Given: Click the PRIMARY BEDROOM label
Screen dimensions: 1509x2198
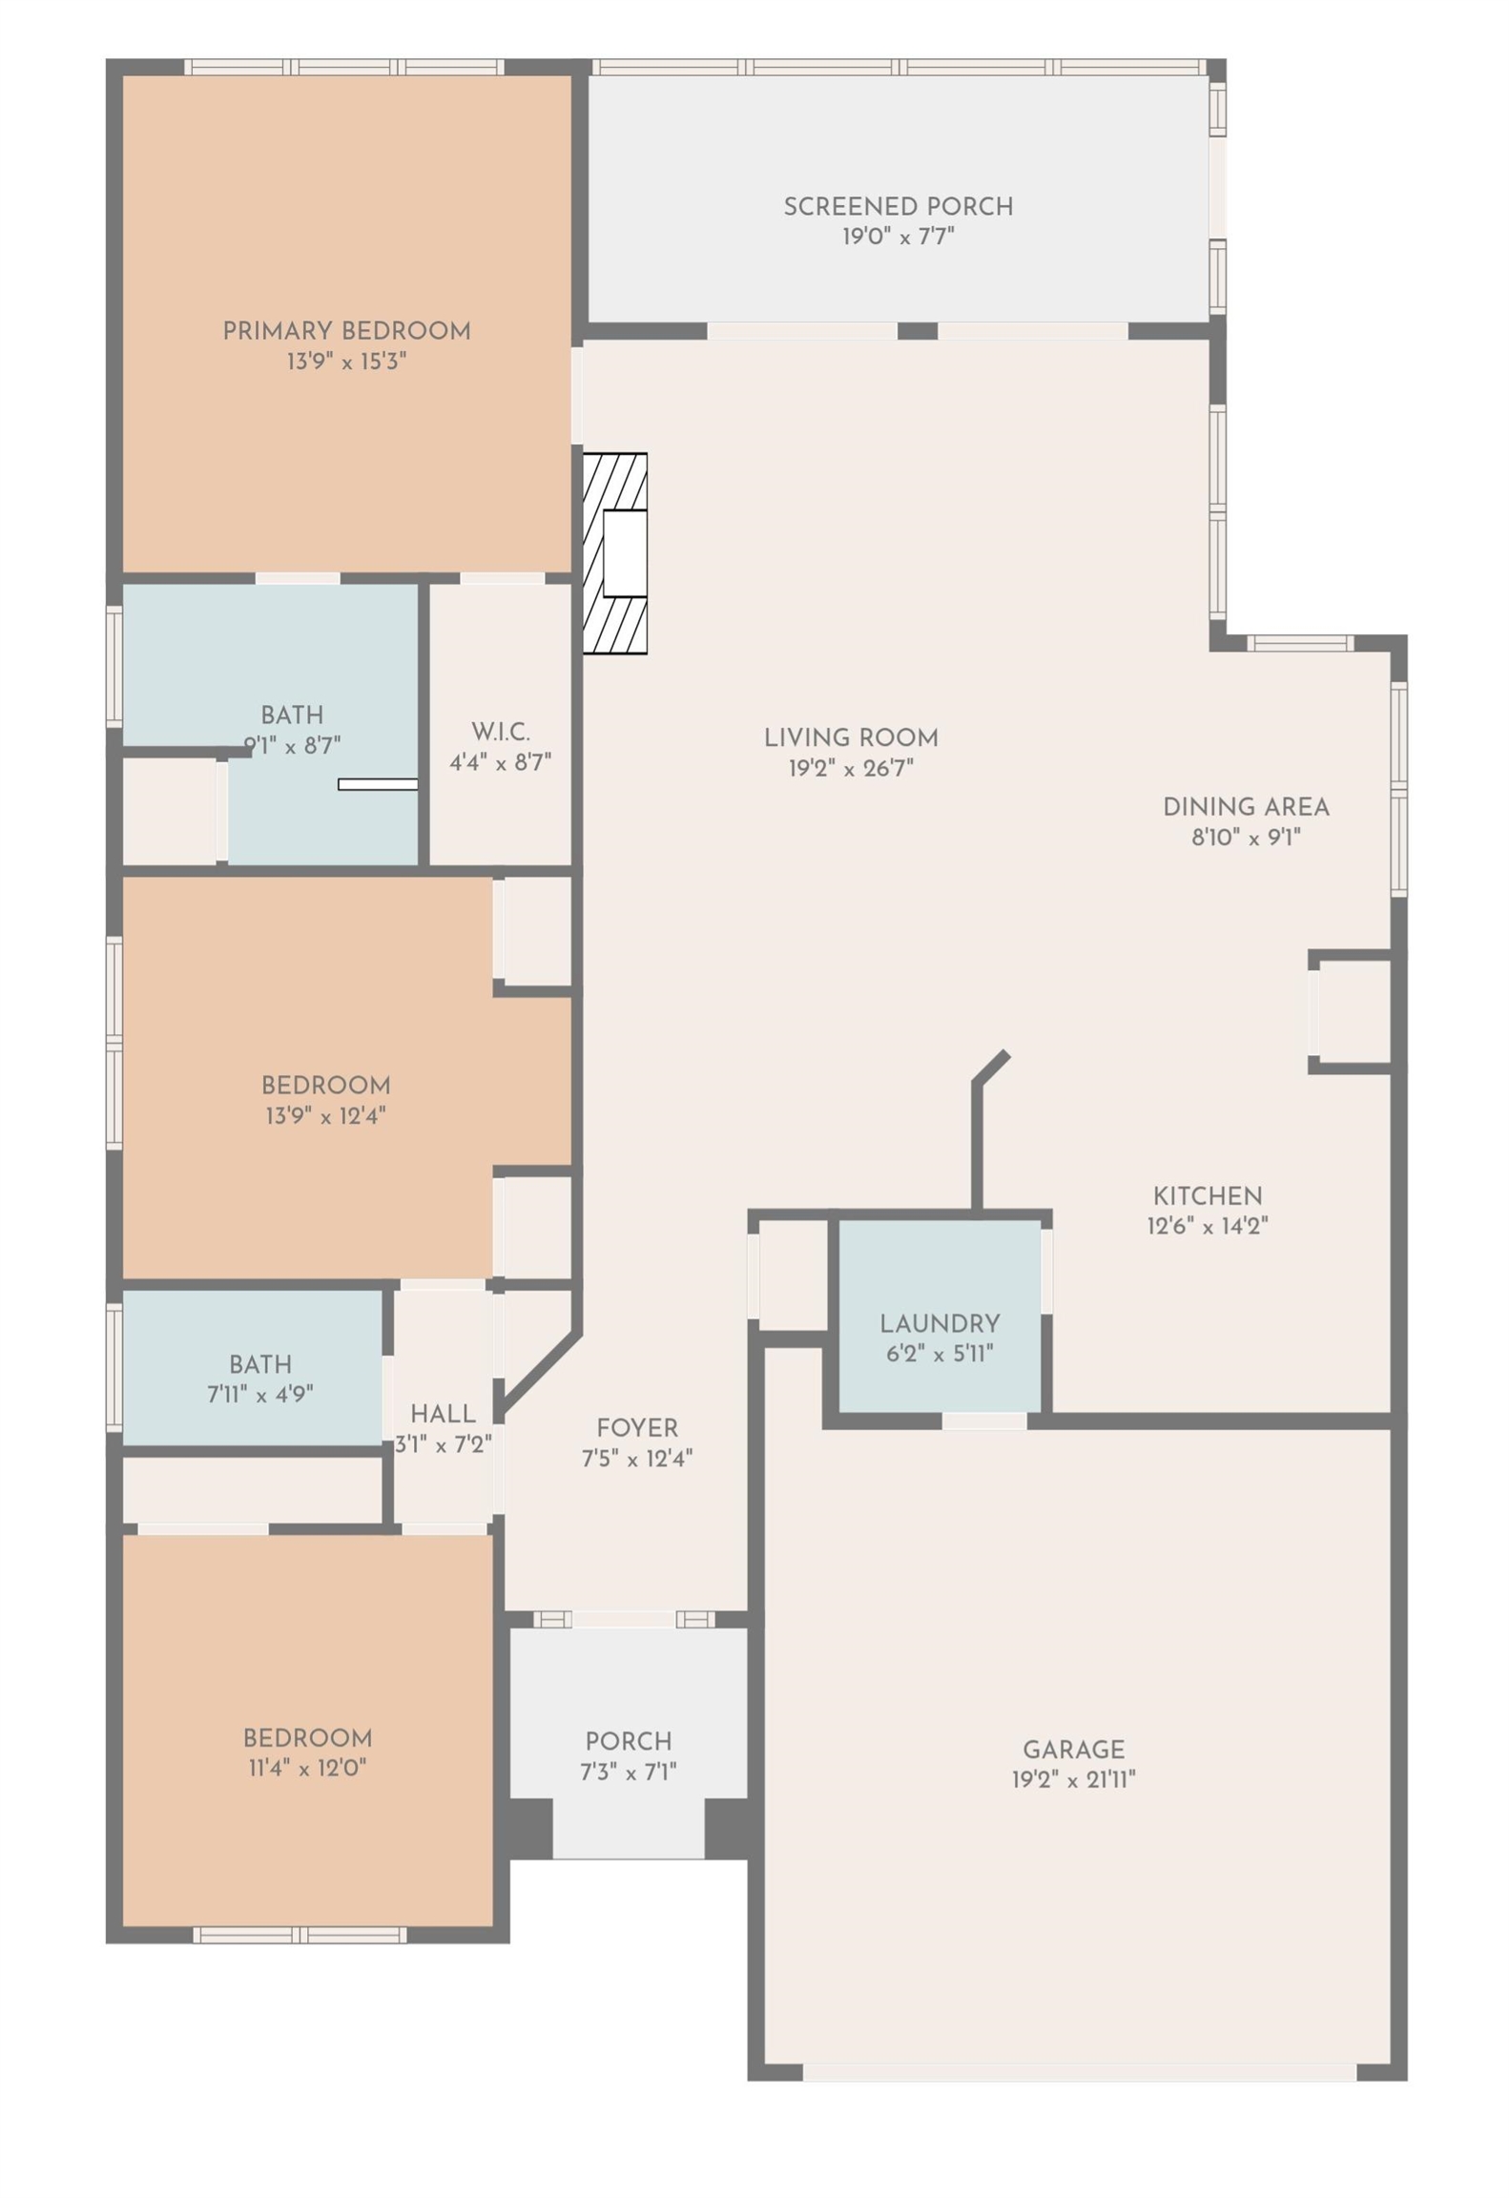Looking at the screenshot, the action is click(346, 331).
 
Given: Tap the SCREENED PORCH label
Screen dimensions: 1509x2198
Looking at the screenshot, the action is click(898, 206).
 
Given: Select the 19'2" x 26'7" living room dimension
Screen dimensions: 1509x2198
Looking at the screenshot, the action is click(851, 768).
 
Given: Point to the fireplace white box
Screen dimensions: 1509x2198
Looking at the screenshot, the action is click(625, 554).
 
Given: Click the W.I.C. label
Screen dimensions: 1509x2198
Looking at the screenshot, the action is click(501, 732).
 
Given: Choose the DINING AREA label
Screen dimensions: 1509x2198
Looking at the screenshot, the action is click(1246, 807).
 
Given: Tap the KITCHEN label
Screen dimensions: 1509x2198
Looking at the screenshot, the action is click(1208, 1195).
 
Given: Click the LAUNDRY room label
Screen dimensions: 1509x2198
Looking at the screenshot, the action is click(940, 1323).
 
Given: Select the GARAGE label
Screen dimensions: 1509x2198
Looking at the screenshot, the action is click(1074, 1750).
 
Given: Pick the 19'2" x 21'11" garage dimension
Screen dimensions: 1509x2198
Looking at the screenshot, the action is click(1074, 1780).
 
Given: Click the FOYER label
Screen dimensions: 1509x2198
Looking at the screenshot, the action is click(637, 1428).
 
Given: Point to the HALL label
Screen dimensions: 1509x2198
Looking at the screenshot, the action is click(443, 1413).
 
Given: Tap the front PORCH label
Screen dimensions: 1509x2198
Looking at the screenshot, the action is click(629, 1741).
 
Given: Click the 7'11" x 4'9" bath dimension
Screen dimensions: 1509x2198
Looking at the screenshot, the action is click(260, 1394).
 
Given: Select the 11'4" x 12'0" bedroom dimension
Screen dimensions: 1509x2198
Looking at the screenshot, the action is click(307, 1768).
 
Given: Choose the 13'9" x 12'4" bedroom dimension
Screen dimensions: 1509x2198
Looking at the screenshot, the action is click(325, 1115).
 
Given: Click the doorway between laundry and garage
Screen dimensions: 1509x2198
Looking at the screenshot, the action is click(984, 1420).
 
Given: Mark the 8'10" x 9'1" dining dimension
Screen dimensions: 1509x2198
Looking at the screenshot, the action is click(1246, 838).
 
